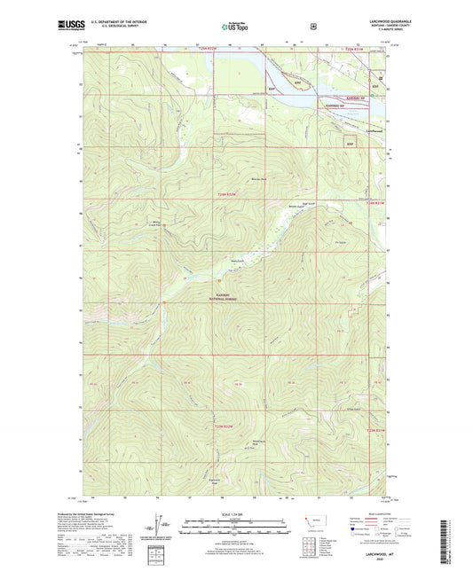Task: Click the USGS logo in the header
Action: pos(70,26)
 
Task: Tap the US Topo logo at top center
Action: pos(235,27)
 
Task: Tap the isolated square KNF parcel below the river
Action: pos(351,142)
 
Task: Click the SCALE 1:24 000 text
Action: pos(235,513)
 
